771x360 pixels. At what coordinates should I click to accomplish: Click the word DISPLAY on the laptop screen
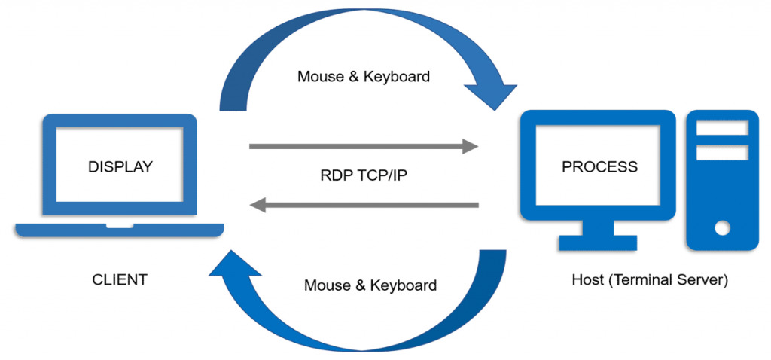(x=120, y=166)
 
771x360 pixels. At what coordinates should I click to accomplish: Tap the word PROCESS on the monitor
(x=599, y=166)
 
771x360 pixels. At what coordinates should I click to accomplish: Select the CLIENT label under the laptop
(x=120, y=280)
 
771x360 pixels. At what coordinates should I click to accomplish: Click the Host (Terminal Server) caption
(x=650, y=280)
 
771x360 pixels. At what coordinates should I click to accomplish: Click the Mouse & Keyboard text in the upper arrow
(x=364, y=76)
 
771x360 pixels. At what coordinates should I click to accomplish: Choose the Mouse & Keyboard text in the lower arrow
(x=370, y=285)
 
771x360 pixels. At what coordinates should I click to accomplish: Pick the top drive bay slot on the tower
(x=722, y=128)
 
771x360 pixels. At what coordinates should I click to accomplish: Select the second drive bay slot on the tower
(x=722, y=152)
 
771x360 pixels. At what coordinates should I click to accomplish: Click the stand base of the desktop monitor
(x=598, y=242)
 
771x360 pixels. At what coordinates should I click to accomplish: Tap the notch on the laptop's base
(x=120, y=225)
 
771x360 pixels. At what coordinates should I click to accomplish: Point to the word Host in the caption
(x=588, y=280)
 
